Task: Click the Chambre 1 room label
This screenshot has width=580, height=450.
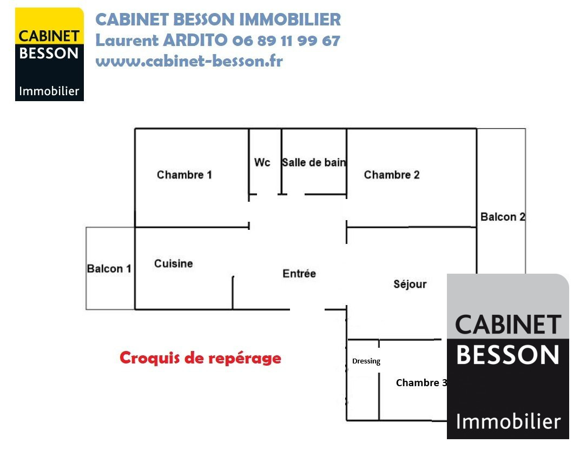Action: pyautogui.click(x=184, y=175)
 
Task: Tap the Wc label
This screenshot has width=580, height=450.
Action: pyautogui.click(x=262, y=162)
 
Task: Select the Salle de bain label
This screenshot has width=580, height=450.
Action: pyautogui.click(x=314, y=162)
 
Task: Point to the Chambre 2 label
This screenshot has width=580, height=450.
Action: pyautogui.click(x=392, y=175)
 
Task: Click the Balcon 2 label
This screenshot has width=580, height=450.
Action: pyautogui.click(x=503, y=217)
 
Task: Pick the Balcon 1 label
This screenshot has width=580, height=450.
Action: pyautogui.click(x=109, y=268)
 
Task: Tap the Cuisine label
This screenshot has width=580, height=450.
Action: pyautogui.click(x=173, y=263)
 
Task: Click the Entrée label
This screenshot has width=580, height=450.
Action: pyautogui.click(x=299, y=274)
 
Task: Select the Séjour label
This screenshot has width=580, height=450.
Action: pyautogui.click(x=410, y=284)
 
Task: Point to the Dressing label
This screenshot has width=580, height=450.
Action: pyautogui.click(x=366, y=361)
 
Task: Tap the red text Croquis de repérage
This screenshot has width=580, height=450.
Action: pyautogui.click(x=200, y=358)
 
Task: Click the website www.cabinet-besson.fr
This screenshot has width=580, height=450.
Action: pyautogui.click(x=189, y=61)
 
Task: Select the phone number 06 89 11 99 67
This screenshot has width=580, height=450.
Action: pyautogui.click(x=286, y=41)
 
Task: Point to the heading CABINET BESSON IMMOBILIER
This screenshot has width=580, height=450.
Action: pyautogui.click(x=218, y=19)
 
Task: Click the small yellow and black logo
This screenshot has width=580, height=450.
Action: pyautogui.click(x=49, y=54)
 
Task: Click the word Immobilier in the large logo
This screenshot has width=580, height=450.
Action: pyautogui.click(x=508, y=421)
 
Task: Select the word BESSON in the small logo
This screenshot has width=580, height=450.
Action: pyautogui.click(x=49, y=54)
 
